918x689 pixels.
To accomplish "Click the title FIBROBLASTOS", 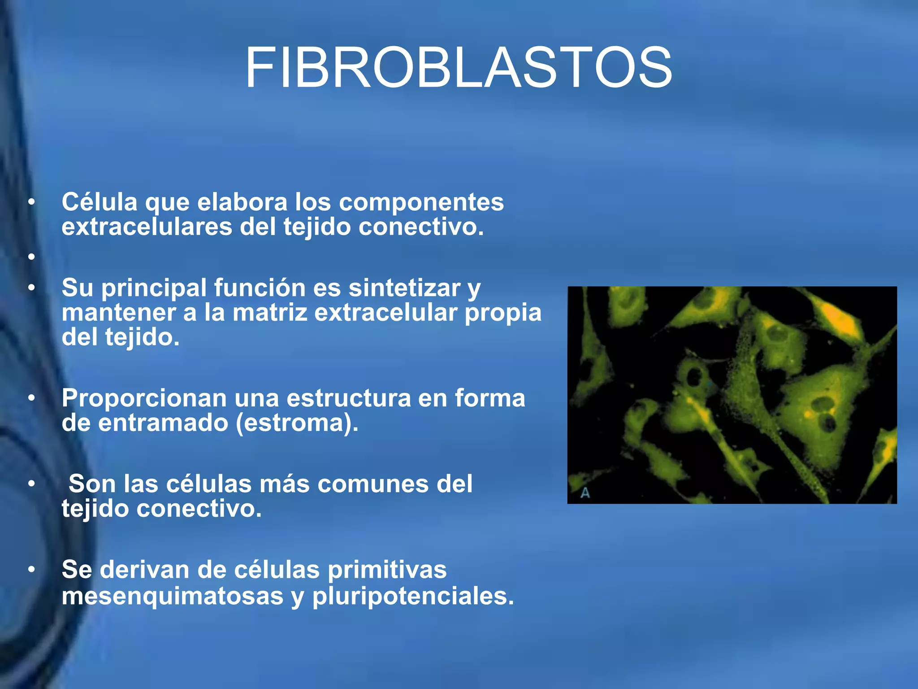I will (x=458, y=68).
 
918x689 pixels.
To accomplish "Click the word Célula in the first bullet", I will (x=100, y=202).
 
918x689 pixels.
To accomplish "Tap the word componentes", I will (x=421, y=202).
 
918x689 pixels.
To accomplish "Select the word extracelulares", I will (x=147, y=227).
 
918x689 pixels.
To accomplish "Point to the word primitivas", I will (x=387, y=570).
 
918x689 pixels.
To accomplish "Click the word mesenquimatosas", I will (x=173, y=596).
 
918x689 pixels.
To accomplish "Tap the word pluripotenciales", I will (x=413, y=596).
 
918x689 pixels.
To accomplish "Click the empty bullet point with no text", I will (x=31, y=257).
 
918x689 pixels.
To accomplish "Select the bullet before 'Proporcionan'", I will (x=31, y=398).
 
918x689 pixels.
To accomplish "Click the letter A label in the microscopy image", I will (x=585, y=493).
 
